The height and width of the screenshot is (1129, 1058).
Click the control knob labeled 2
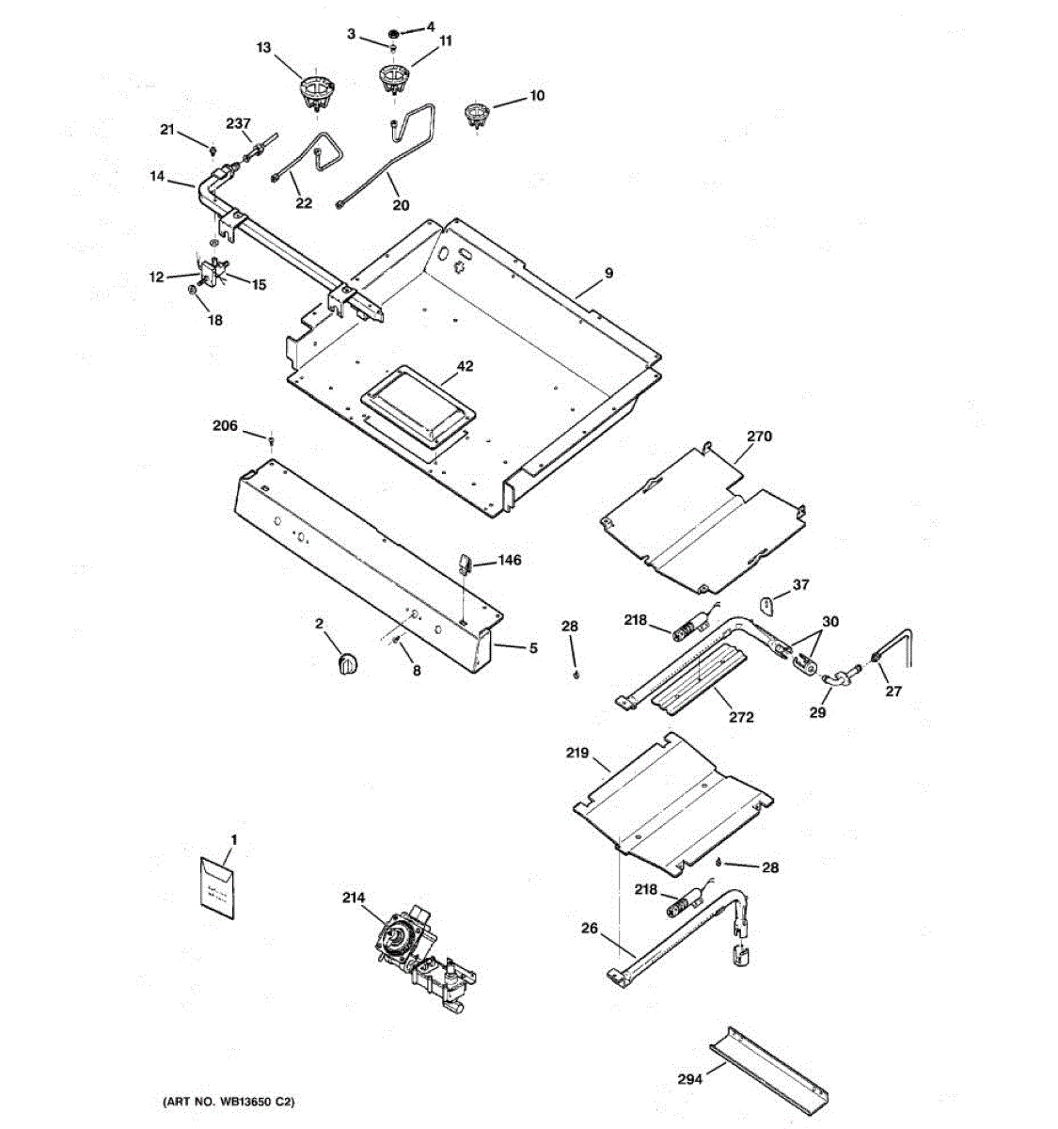tap(346, 663)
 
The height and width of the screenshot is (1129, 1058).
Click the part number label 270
tap(759, 436)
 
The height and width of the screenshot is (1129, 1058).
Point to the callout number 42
tap(465, 366)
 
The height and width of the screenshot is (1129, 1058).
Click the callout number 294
tap(689, 1079)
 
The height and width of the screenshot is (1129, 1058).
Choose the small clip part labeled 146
tap(464, 564)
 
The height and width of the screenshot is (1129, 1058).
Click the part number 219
tap(576, 753)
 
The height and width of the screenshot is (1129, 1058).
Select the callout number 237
tap(239, 123)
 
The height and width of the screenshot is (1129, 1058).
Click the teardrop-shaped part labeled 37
tap(767, 603)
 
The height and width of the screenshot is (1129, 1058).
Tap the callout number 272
tap(741, 717)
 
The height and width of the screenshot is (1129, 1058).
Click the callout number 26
tap(589, 929)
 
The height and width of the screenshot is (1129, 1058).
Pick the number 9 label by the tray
tap(608, 273)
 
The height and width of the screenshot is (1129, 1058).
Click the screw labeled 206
tap(272, 439)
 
